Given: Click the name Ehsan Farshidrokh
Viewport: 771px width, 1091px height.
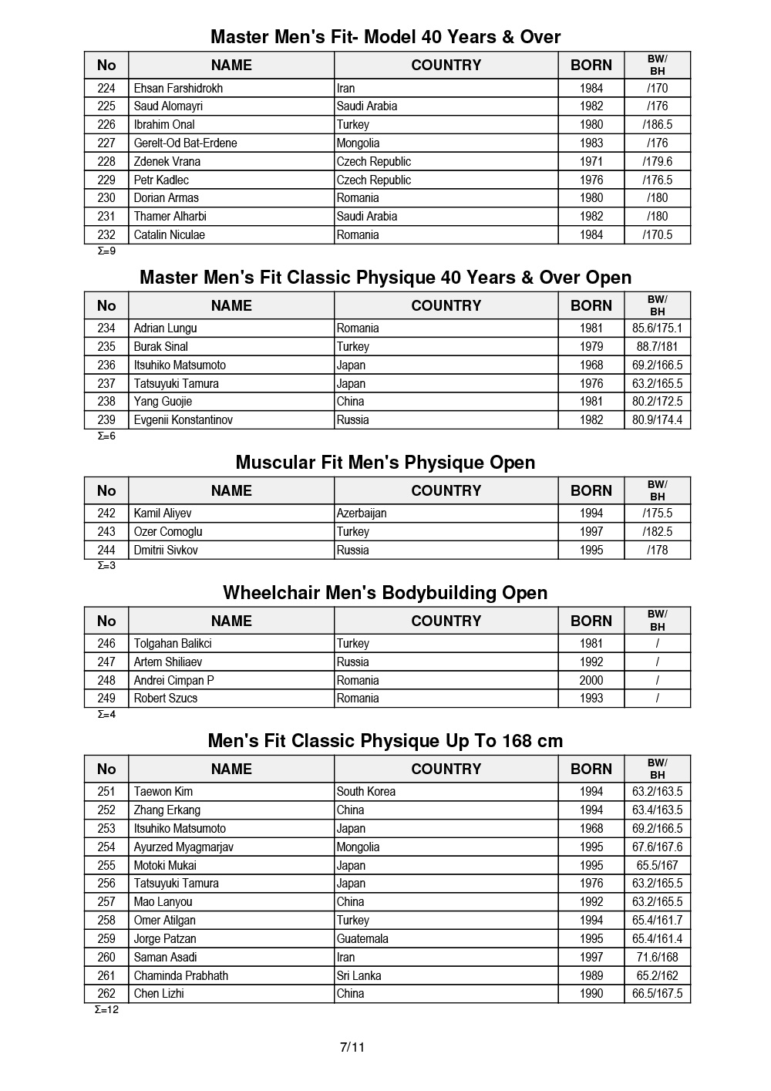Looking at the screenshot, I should (x=178, y=88).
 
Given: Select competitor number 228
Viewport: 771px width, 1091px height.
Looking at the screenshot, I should (x=106, y=161).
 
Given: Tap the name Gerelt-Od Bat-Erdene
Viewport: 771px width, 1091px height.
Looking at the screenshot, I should (x=185, y=143).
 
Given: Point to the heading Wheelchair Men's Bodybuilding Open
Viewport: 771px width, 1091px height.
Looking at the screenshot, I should (x=385, y=592).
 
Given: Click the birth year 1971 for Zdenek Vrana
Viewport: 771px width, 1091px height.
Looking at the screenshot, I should (x=591, y=161).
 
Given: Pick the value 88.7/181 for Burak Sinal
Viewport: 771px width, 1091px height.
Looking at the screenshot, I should (x=657, y=346).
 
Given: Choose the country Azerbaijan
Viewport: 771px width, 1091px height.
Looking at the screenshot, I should (x=362, y=513).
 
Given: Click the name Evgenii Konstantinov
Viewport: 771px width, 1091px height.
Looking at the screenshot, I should (x=183, y=419).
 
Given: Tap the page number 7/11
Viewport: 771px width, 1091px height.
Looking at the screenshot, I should (x=352, y=1046).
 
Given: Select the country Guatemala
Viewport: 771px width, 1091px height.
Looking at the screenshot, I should (x=362, y=938).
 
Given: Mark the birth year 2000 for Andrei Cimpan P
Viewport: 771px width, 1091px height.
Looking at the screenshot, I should (x=591, y=680).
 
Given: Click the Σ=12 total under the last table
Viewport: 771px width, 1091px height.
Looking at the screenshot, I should (x=106, y=1009).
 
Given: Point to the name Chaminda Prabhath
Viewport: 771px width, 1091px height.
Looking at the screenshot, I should (x=180, y=975).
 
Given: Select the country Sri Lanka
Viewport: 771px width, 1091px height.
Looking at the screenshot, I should (x=359, y=975).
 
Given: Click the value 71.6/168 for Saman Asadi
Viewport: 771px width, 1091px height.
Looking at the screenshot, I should (x=657, y=957).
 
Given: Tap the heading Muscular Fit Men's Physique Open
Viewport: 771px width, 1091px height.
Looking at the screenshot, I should (x=385, y=462).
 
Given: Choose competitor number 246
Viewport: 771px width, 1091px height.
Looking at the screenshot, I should (x=106, y=643).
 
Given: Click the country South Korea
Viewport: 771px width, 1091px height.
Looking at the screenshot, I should (x=365, y=791).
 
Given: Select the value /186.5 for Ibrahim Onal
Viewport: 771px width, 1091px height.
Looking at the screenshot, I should (x=657, y=124).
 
